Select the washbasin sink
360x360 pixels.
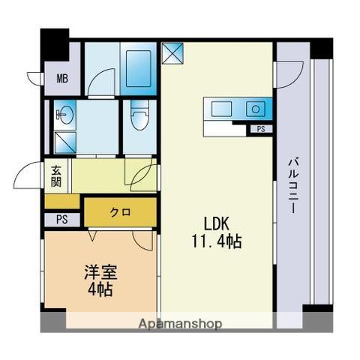click(x=64, y=115)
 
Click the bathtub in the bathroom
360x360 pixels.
click(x=139, y=68)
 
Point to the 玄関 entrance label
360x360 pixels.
click(x=57, y=177)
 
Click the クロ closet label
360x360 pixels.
click(x=120, y=212)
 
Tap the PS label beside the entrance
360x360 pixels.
click(x=61, y=220)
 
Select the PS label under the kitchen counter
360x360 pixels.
click(x=259, y=129)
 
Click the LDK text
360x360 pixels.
click(x=214, y=223)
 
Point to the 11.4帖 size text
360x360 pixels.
click(x=214, y=241)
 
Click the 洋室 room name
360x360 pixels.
click(x=98, y=271)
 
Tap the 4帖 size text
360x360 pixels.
click(x=98, y=289)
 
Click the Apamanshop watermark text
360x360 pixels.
click(x=179, y=324)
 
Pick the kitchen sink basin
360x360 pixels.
click(x=255, y=109)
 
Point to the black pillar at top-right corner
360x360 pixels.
click(x=321, y=48)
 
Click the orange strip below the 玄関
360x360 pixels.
click(x=63, y=200)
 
